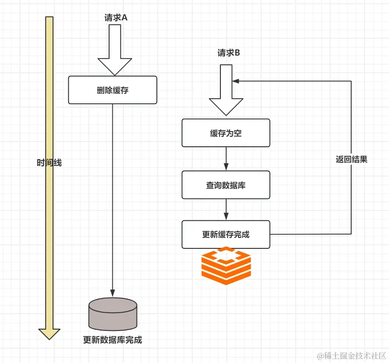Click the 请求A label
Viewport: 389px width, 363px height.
tap(116, 18)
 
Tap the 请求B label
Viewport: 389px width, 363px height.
tap(229, 53)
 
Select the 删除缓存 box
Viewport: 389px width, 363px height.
tap(113, 90)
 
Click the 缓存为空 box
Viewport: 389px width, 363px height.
tap(226, 133)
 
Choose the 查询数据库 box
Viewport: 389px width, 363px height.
tap(226, 185)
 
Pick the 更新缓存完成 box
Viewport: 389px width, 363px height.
tap(226, 234)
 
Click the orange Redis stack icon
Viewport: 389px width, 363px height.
tap(226, 266)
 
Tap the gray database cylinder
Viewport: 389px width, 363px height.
tap(113, 314)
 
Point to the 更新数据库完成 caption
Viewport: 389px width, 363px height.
tap(113, 340)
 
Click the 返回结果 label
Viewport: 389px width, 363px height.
tap(351, 159)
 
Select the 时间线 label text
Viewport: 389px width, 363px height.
tap(49, 163)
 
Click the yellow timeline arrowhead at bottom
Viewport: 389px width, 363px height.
tap(50, 334)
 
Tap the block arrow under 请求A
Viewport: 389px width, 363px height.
tap(115, 50)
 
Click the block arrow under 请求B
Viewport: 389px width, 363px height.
tap(226, 90)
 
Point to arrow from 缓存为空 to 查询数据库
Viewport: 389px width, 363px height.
tap(226, 159)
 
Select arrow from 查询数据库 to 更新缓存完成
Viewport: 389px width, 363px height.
tap(226, 210)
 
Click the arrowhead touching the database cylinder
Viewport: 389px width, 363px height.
tap(113, 293)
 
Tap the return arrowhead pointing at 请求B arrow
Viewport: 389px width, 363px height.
tap(236, 81)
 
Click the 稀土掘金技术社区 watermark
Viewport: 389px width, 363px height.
tap(352, 356)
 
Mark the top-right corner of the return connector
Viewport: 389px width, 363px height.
tap(351, 81)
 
